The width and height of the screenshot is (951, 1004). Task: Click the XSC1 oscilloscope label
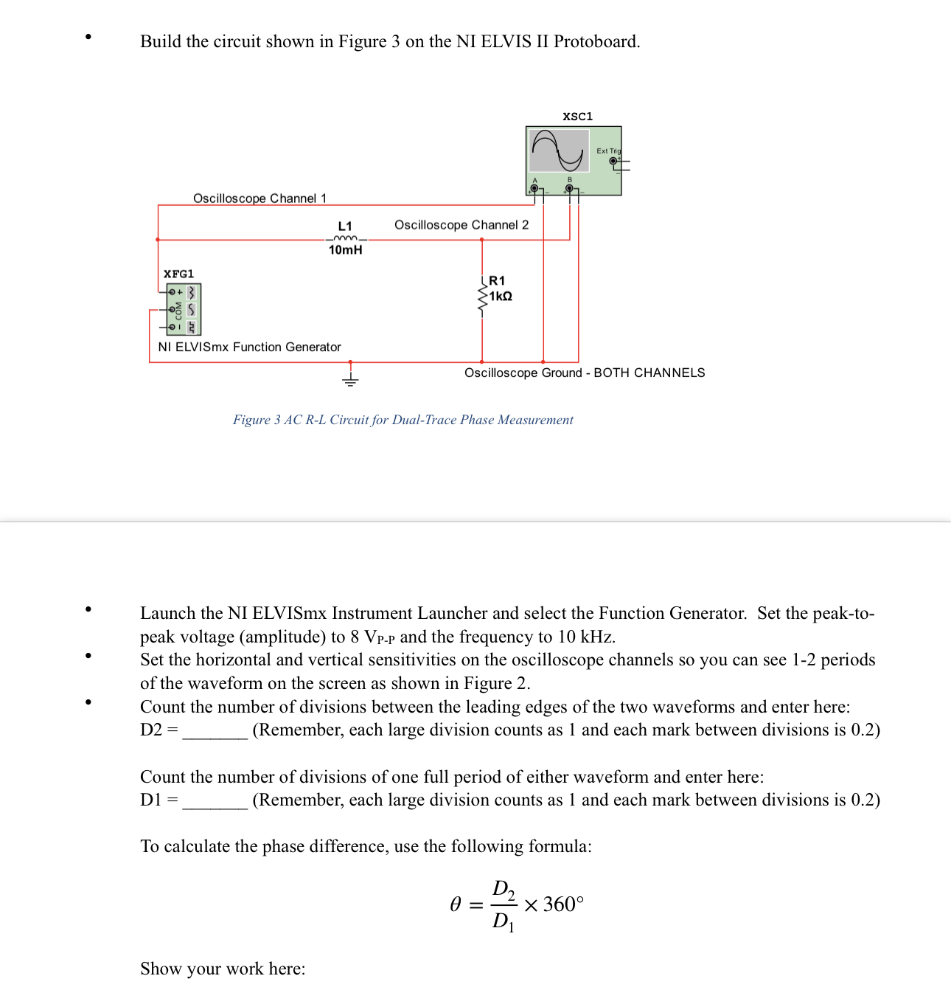coord(577,117)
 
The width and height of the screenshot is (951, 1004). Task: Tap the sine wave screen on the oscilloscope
coord(560,150)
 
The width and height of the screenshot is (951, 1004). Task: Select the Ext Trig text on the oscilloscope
coord(608,151)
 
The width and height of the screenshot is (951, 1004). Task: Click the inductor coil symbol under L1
coord(345,238)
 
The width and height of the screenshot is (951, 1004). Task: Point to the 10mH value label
coord(345,250)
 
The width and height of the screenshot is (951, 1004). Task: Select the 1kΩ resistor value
coord(501,297)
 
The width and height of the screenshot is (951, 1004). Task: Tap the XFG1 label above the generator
coord(178,274)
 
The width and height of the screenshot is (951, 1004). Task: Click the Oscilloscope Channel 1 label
coord(259,198)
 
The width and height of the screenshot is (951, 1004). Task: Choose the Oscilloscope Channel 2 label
coord(461,225)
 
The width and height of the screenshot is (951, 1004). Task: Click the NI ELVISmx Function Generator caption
coord(249,347)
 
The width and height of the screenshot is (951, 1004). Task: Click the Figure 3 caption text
coord(403,420)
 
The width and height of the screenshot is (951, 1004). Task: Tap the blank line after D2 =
coord(215,732)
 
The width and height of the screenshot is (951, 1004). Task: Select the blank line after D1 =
coord(215,802)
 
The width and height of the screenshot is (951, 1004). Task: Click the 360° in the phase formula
coord(563,904)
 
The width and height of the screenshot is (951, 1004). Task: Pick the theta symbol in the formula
coord(456,904)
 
